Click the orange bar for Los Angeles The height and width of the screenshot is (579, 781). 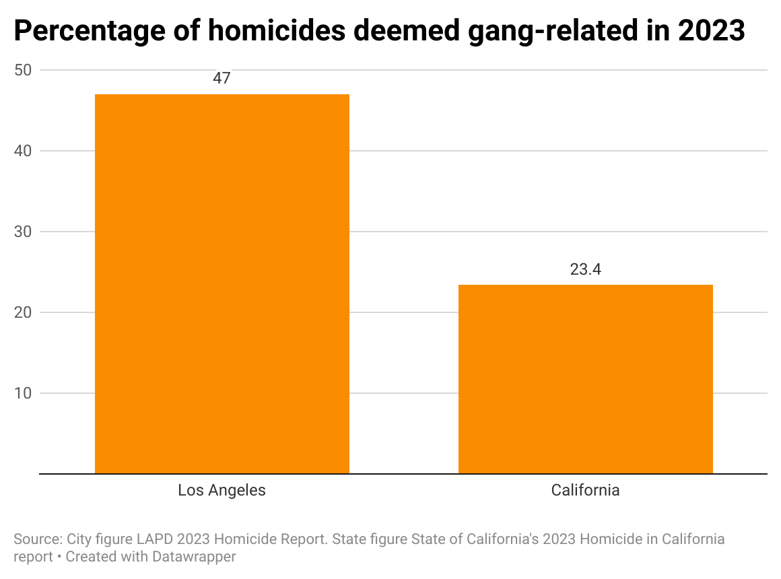pos(222,283)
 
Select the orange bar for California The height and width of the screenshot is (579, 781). pos(585,379)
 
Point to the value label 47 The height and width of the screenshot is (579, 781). pos(222,78)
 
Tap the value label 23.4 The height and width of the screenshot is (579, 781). pos(585,269)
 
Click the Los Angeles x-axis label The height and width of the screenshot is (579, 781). pos(222,490)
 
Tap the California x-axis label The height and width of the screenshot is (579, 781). pos(585,490)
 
